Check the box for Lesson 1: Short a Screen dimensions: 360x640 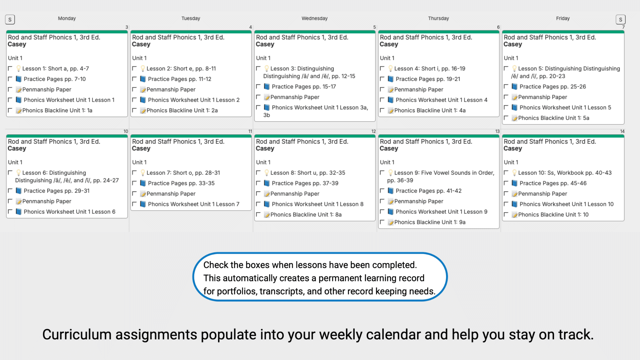click(x=10, y=68)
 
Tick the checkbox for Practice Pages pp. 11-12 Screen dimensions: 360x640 click(x=134, y=79)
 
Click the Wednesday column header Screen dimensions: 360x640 click(x=314, y=18)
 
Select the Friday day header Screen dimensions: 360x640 click(x=563, y=18)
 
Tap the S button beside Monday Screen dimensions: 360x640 click(x=10, y=20)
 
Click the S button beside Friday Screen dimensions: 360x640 click(x=620, y=20)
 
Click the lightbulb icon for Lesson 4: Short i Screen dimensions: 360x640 click(x=390, y=69)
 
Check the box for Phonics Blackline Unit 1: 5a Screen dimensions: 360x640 click(x=506, y=118)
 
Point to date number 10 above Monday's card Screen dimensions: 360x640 click(x=126, y=131)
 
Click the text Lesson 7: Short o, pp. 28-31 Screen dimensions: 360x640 click(x=183, y=173)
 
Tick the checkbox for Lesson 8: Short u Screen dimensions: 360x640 click(x=258, y=172)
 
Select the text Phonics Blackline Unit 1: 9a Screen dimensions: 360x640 click(x=430, y=222)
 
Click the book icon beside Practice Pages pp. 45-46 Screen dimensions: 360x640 click(x=514, y=183)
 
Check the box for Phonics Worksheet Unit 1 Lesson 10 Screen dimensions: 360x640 click(x=506, y=204)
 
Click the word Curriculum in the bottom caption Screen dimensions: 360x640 click(x=77, y=335)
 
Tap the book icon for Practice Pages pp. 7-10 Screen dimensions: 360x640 click(x=19, y=79)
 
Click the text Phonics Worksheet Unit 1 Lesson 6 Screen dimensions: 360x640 click(x=69, y=212)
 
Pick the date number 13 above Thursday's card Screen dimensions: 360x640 click(x=497, y=131)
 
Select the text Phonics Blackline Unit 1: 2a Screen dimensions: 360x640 click(x=182, y=110)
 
